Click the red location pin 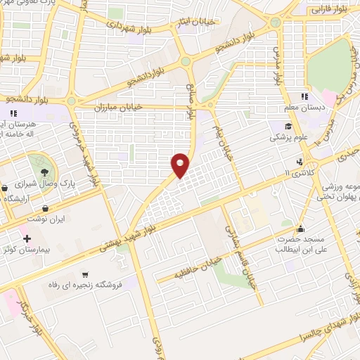(x=181, y=165)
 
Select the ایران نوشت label (x=46, y=219)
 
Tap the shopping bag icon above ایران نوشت (x=46, y=209)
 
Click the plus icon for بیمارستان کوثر (x=27, y=240)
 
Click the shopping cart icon (x=85, y=274)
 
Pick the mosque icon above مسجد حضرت (x=302, y=229)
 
